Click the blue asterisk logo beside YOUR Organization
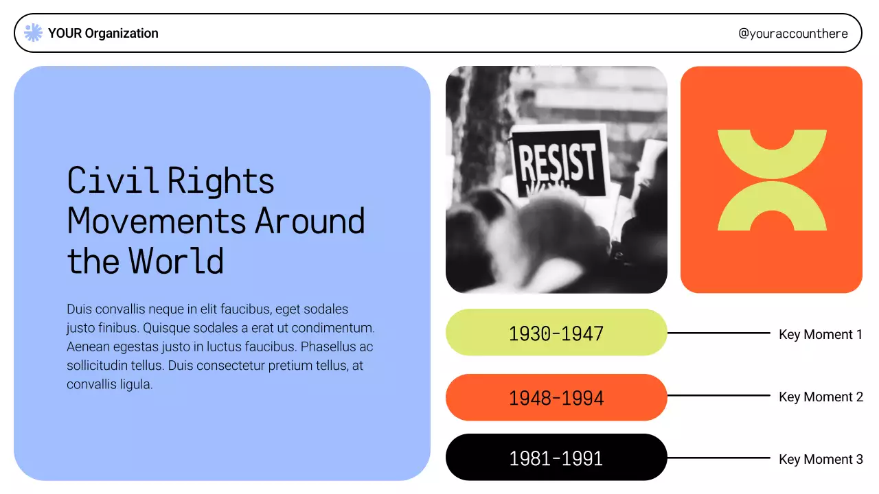(x=33, y=33)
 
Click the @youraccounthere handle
(x=792, y=33)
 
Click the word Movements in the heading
(x=157, y=221)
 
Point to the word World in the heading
(x=176, y=261)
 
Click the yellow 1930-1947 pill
(x=556, y=333)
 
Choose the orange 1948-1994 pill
(x=556, y=397)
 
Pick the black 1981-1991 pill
(x=556, y=458)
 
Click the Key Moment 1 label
(x=820, y=334)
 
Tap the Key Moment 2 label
(x=820, y=397)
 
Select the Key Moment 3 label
(x=820, y=459)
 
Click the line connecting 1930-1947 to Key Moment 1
(x=718, y=333)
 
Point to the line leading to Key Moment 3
(x=718, y=458)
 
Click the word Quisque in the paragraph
(x=164, y=328)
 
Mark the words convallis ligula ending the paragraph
(x=109, y=384)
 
